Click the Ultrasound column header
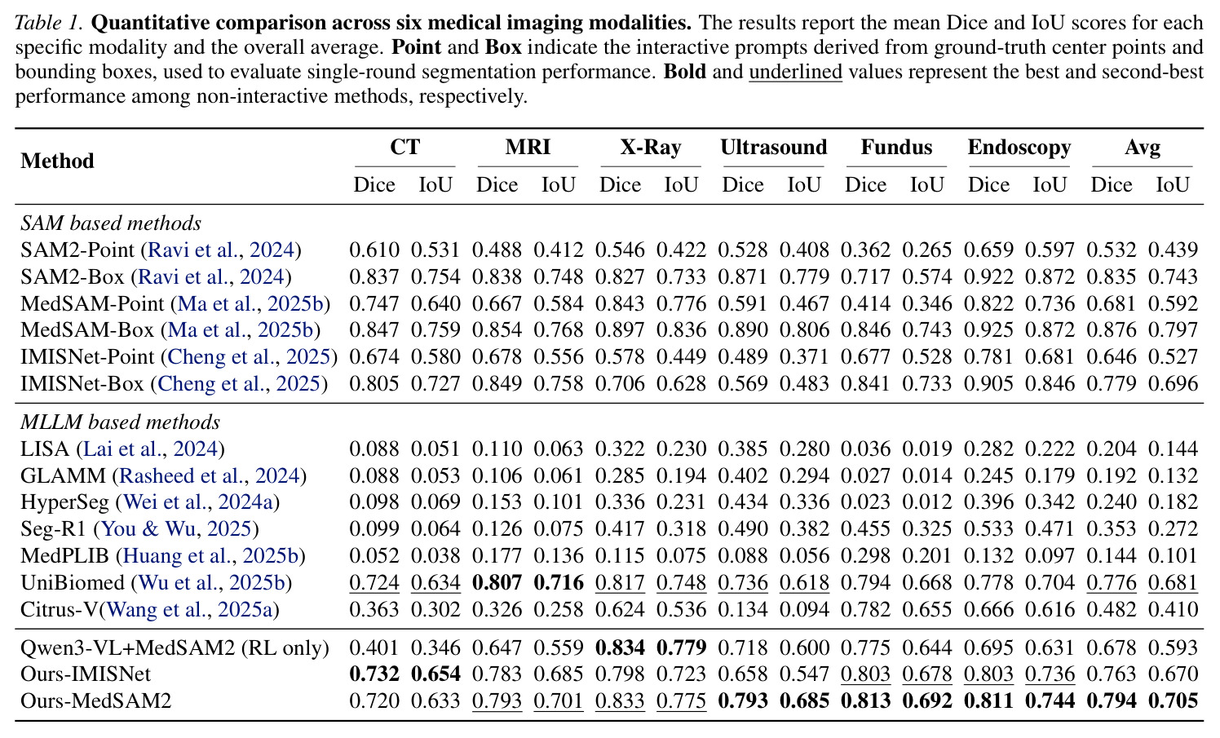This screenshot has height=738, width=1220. click(773, 147)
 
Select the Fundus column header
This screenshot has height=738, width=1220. click(896, 147)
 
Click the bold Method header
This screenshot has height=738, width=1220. click(57, 161)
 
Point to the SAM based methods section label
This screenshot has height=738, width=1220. click(111, 223)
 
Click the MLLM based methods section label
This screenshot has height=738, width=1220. click(121, 422)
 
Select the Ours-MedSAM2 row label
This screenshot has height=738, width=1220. click(96, 700)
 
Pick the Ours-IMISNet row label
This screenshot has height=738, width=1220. click(86, 674)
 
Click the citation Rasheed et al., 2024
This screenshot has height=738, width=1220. click(210, 475)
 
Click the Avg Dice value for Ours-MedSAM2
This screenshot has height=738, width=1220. click(1112, 700)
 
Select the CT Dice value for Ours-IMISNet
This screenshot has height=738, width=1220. click(374, 674)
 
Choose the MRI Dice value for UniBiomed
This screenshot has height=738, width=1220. click(497, 583)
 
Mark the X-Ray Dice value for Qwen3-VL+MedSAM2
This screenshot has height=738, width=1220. click(621, 647)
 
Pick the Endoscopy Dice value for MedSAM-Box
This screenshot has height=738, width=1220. click(988, 329)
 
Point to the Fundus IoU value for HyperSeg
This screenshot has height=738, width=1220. click(927, 502)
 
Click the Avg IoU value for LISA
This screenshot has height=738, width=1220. click(1174, 449)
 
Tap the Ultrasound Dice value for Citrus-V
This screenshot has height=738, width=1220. click(743, 609)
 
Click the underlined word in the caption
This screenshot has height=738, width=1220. click(796, 72)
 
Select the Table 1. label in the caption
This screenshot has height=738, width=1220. click(49, 23)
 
